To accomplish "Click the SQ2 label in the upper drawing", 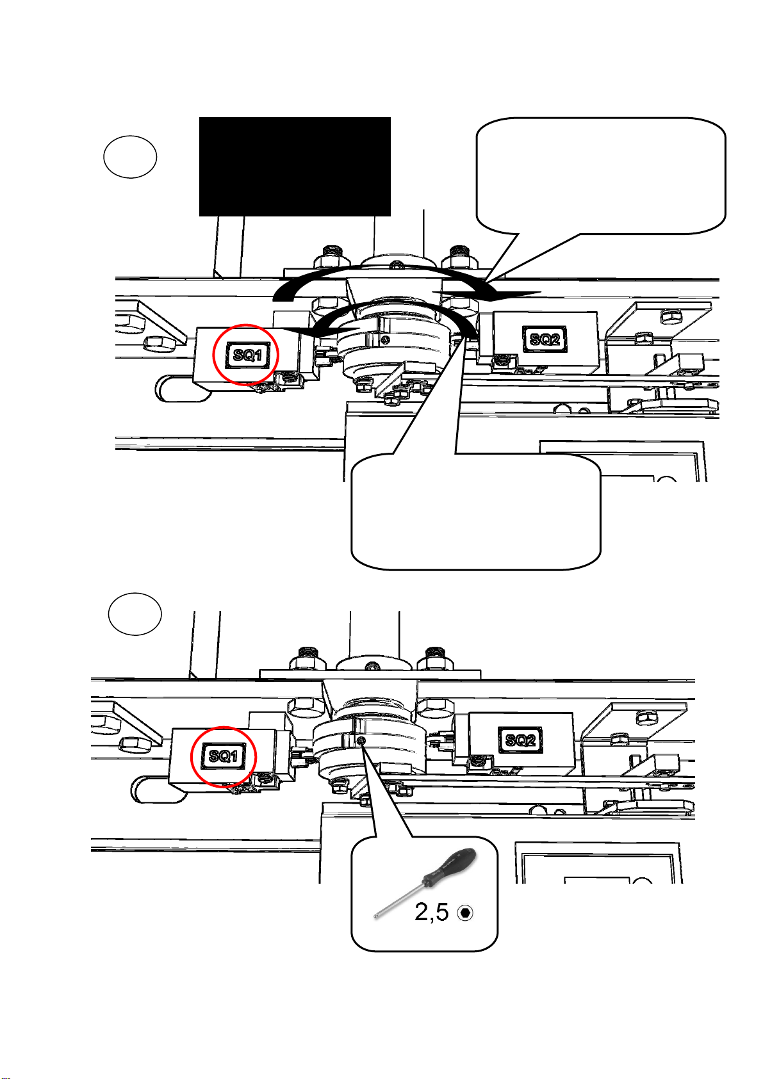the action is coord(545,339).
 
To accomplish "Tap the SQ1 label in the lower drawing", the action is coord(224,756).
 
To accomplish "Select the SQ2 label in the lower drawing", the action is coord(520,740).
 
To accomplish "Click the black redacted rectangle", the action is coord(295,166).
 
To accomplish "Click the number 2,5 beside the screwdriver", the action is coord(432,912).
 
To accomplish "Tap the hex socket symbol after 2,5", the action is coord(466,913).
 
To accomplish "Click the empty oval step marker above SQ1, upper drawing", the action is coord(131,157).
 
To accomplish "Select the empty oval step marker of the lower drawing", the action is coord(135,614).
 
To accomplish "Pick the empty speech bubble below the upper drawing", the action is coord(476,512).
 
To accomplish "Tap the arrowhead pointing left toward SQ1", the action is coord(298,331).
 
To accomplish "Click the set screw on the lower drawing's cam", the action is coord(363,740).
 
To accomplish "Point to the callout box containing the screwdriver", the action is coord(424,893).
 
